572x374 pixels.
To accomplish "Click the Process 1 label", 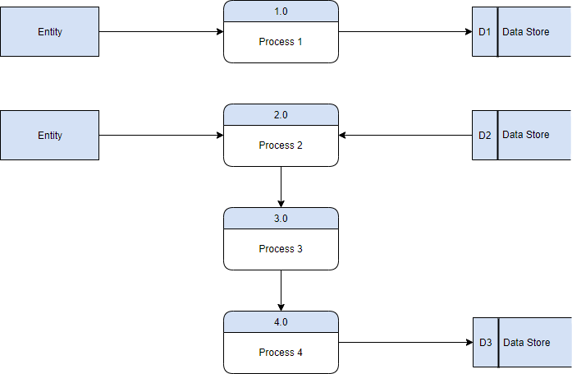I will [x=281, y=42].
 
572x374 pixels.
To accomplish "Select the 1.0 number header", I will [x=281, y=11].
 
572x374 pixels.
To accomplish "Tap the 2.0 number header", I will [x=281, y=115].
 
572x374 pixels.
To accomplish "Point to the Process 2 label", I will [x=281, y=145].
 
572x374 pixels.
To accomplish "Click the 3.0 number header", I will [x=281, y=219].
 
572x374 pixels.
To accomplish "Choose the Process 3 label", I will [x=281, y=249].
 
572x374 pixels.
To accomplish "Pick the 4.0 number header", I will [x=281, y=322].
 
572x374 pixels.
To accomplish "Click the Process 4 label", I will [x=281, y=353].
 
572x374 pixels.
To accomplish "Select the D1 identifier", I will [x=484, y=32].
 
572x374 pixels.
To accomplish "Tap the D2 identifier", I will [x=484, y=135].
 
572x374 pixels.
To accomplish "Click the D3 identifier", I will [x=485, y=343].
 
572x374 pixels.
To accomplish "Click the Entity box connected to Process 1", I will [x=49, y=32].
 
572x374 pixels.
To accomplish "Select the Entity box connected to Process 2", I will [x=49, y=136].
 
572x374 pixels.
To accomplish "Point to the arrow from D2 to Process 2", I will [x=405, y=135].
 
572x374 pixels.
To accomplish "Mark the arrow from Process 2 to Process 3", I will [x=281, y=187].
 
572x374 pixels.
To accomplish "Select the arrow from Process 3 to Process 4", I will [x=281, y=290].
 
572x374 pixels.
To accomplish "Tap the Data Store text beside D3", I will [x=526, y=343].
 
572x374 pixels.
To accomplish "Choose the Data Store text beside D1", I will [x=525, y=32].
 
